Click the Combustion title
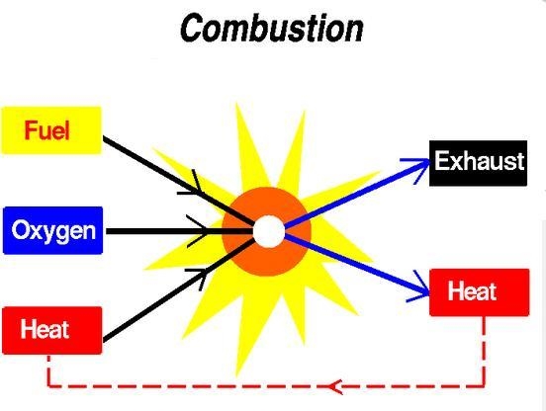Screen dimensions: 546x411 (x=272, y=28)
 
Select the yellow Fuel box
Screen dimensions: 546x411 (x=51, y=130)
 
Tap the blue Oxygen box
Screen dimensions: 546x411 (x=53, y=230)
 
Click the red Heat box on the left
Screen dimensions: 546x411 (x=52, y=330)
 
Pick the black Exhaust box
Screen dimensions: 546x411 (x=478, y=163)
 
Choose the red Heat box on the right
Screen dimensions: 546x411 (x=480, y=292)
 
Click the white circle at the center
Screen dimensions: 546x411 (x=269, y=231)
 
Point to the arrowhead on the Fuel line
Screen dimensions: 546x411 (x=191, y=183)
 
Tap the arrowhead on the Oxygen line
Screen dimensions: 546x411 (x=198, y=231)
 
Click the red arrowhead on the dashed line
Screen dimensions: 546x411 (x=335, y=386)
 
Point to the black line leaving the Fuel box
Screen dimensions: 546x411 (x=178, y=181)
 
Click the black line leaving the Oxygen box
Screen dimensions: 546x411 (x=179, y=231)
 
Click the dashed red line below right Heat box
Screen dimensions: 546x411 (x=484, y=351)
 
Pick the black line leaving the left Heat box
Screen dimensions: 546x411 (x=179, y=289)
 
